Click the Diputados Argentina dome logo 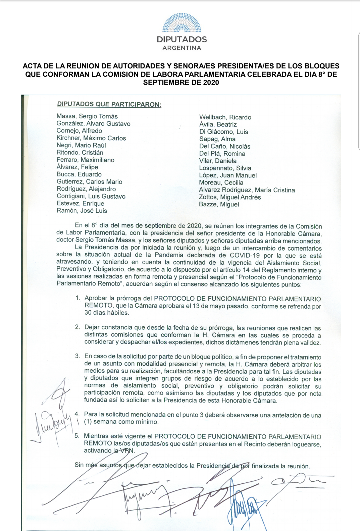[x=182, y=23]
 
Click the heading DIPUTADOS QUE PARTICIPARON [x=109, y=104]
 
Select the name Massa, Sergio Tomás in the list [x=87, y=116]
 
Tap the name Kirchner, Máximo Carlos [x=91, y=138]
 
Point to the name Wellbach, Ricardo [x=225, y=117]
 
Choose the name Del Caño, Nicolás [x=225, y=147]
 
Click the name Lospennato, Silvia [x=225, y=168]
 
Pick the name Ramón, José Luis [x=82, y=211]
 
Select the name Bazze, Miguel [x=219, y=205]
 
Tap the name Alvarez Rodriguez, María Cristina [x=247, y=190]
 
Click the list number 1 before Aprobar [x=78, y=298]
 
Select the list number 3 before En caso [x=78, y=356]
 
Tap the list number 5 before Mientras [x=77, y=436]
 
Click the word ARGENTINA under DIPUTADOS [x=182, y=48]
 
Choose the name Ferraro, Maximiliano [x=86, y=160]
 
